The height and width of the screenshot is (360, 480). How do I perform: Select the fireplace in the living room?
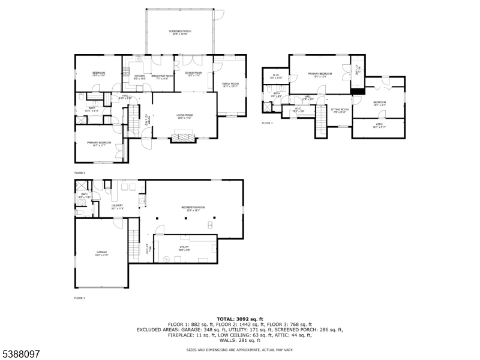click(184, 139)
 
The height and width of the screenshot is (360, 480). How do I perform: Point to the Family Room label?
click(230, 84)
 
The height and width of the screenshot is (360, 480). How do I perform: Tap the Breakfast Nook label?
click(162, 76)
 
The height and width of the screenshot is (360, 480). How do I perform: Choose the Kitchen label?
click(140, 76)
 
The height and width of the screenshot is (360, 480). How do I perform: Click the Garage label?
click(101, 253)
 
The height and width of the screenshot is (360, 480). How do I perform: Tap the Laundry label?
click(117, 206)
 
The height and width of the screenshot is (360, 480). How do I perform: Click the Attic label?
click(379, 124)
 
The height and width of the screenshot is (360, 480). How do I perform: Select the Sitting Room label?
click(340, 109)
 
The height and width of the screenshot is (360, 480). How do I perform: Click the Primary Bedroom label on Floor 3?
click(320, 74)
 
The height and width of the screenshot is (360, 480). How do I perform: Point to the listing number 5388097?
click(20, 354)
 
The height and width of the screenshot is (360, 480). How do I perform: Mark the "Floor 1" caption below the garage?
click(80, 298)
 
